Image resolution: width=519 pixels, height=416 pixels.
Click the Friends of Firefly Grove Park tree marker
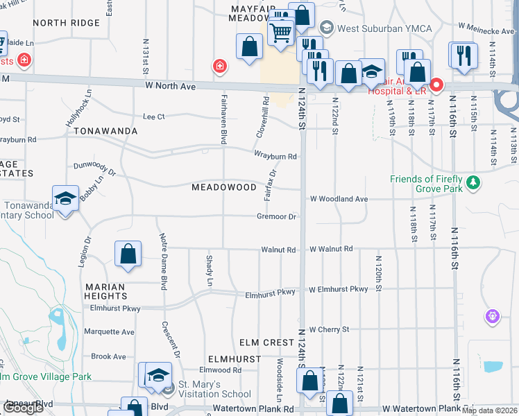(x=473, y=182)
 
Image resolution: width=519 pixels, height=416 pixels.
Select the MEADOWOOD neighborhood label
(x=223, y=187)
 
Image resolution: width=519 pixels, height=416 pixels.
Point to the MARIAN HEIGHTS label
(x=105, y=291)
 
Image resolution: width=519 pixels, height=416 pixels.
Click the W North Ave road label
(x=170, y=87)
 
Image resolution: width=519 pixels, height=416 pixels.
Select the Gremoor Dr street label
(x=277, y=217)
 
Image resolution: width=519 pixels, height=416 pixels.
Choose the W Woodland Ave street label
(x=339, y=199)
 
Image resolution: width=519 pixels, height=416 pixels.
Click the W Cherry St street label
(x=329, y=329)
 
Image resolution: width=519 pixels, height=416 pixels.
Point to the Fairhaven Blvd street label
(x=224, y=115)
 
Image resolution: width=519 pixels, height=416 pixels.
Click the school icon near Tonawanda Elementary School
(x=65, y=199)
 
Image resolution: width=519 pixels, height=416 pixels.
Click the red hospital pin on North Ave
(x=436, y=86)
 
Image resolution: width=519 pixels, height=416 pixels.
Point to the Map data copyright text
(x=489, y=410)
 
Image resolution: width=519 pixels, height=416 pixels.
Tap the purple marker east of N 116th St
(x=493, y=316)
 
